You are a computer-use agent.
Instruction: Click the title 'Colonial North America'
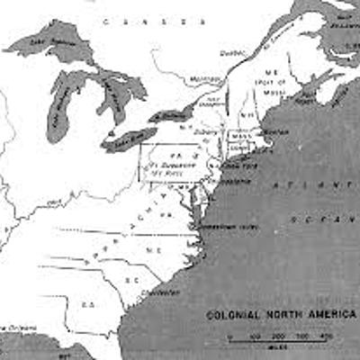(x=281, y=316)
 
